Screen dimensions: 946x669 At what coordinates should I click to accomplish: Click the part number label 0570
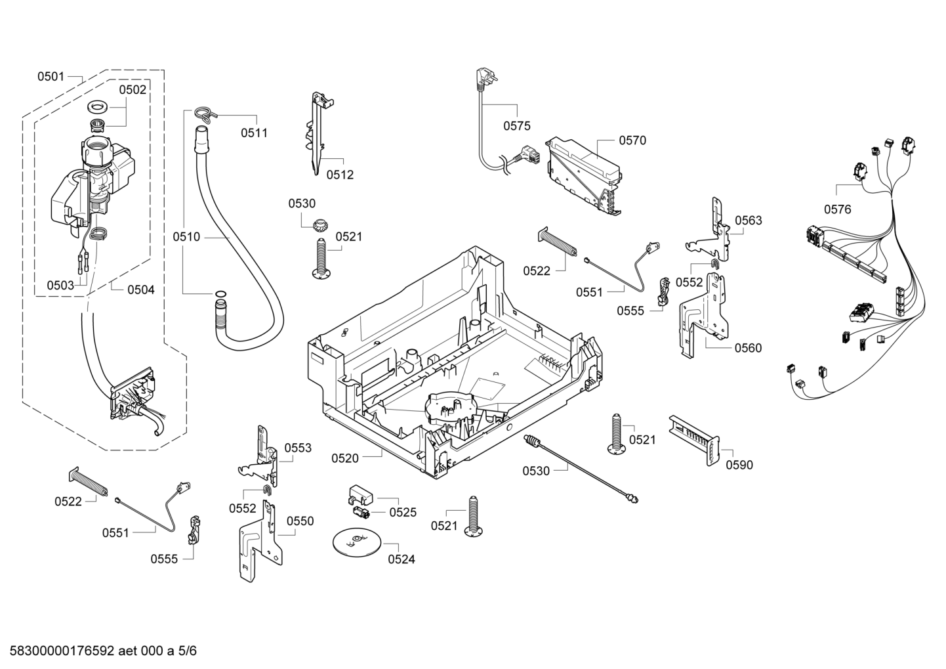pos(632,140)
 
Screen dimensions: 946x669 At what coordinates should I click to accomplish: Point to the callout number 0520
pos(344,458)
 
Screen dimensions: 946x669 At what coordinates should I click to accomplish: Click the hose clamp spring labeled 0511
pos(205,113)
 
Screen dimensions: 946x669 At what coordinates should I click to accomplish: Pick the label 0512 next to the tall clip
pos(340,175)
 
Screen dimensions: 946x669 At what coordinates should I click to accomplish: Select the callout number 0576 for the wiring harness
pos(838,209)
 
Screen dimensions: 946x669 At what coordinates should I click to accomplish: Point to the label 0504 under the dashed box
pos(140,290)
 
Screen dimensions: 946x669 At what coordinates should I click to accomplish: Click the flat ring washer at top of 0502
pos(98,107)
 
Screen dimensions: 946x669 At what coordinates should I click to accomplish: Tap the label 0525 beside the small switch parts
pos(402,512)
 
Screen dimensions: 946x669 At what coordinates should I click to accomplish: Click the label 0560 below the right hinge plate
pos(748,348)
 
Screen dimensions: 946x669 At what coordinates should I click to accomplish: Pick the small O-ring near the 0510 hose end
pos(220,293)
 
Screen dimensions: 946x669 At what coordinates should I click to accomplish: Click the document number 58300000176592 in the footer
pos(62,651)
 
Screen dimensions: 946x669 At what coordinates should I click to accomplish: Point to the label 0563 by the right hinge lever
pos(749,220)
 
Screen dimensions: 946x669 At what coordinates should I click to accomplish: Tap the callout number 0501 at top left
pos(51,77)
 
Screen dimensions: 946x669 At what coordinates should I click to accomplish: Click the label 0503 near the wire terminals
pos(60,286)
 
